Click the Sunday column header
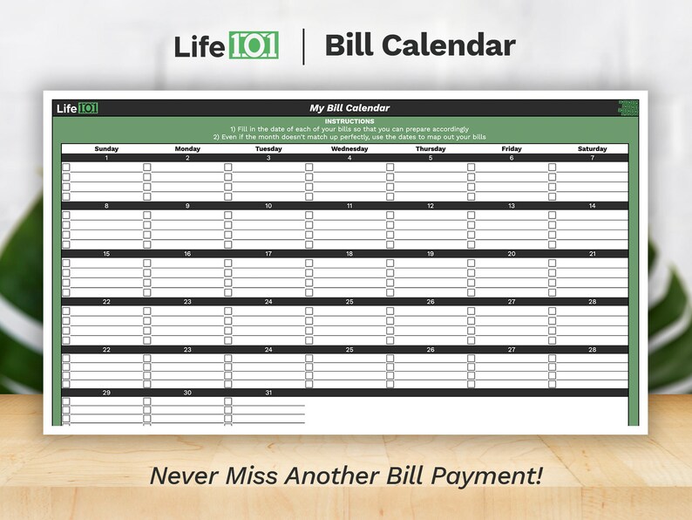(x=106, y=149)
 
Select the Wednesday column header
(x=349, y=149)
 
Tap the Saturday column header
(x=592, y=149)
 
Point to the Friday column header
(x=512, y=149)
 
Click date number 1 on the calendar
(x=106, y=158)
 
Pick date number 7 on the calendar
(x=592, y=158)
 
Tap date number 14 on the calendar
(x=592, y=206)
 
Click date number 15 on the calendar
(x=106, y=254)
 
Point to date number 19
(x=431, y=254)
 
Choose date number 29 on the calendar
(x=106, y=393)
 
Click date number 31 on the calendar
(x=268, y=393)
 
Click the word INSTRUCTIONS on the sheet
(x=349, y=121)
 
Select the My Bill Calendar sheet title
(x=349, y=108)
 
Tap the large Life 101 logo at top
(x=226, y=45)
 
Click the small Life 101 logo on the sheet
(x=78, y=108)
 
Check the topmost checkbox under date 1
(x=66, y=167)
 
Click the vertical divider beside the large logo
(x=303, y=46)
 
